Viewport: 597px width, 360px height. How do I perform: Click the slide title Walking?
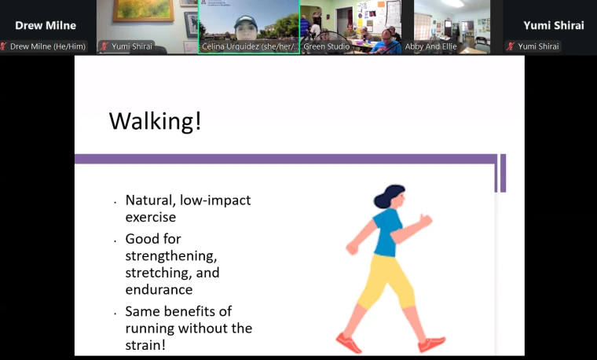155,121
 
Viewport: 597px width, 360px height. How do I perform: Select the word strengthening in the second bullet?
166,256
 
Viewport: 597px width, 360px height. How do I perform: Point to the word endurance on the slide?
159,290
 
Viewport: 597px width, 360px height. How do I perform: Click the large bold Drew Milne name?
46,25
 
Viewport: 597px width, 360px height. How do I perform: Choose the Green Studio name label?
327,46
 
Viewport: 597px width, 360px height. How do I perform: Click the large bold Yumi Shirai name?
554,25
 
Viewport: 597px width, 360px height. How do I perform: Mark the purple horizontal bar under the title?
283,159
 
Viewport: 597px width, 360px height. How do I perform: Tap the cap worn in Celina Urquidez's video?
245,17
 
